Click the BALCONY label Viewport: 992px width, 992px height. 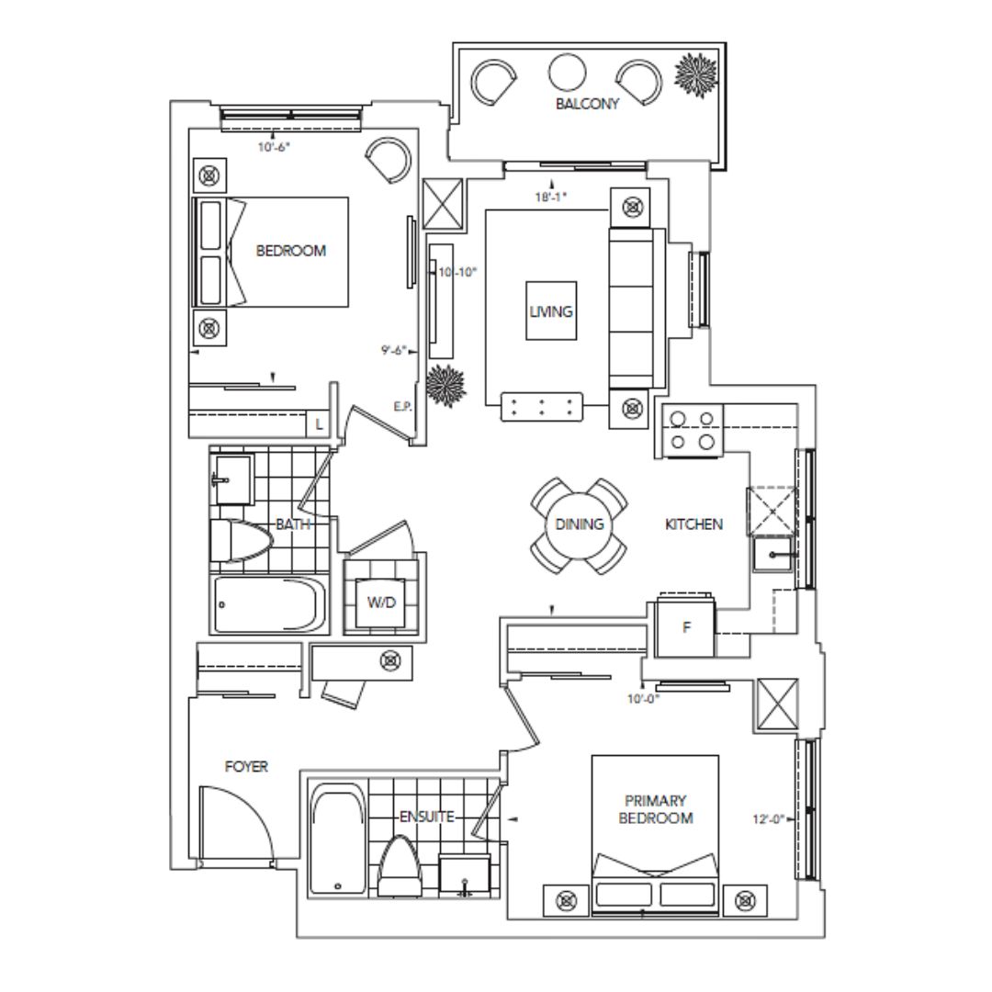click(x=587, y=104)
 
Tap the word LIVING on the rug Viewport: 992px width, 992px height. click(x=551, y=311)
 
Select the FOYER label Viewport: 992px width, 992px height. click(x=246, y=767)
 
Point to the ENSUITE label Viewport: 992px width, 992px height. click(x=427, y=817)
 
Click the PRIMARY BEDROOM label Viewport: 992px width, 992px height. click(x=656, y=809)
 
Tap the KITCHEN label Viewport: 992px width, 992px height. click(x=694, y=524)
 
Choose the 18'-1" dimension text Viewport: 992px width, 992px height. click(x=550, y=197)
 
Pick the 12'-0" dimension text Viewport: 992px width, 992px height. click(x=768, y=818)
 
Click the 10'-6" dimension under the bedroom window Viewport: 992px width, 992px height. click(x=274, y=147)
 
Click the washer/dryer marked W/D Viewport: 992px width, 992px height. click(x=381, y=603)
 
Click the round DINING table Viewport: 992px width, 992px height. click(x=579, y=524)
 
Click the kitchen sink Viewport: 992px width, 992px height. click(x=772, y=554)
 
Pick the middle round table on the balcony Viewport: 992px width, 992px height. click(x=568, y=73)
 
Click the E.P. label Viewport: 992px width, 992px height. click(x=403, y=407)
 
